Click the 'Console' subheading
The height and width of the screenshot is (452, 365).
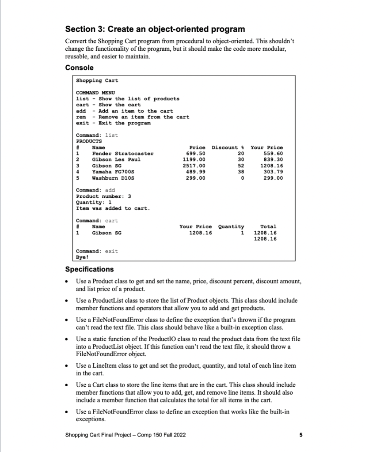(x=79, y=68)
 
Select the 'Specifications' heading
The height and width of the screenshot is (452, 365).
(x=89, y=269)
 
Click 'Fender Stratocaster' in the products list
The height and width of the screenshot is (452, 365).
(x=122, y=154)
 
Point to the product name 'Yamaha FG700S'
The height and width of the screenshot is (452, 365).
(x=113, y=172)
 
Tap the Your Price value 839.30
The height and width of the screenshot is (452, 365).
(x=273, y=160)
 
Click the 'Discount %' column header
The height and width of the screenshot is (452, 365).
(x=228, y=147)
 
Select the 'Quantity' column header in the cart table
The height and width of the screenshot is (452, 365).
(x=232, y=226)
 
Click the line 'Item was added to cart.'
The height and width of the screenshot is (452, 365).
(x=113, y=208)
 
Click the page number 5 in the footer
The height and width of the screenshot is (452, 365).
(x=300, y=435)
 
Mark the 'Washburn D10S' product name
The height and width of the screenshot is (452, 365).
(x=113, y=178)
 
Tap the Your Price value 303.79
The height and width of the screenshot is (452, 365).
(x=273, y=172)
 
